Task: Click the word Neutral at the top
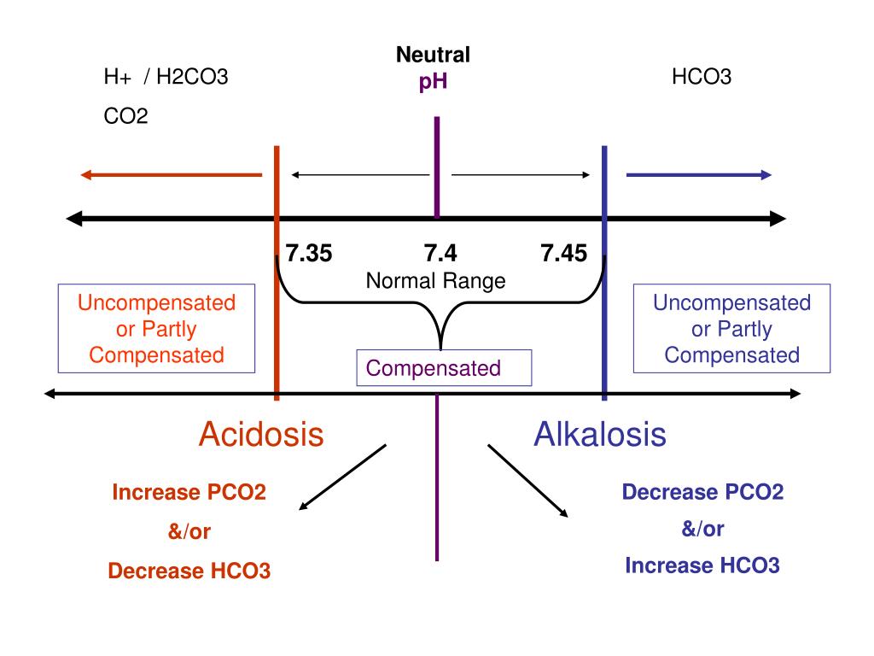pos(433,56)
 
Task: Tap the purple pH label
pos(433,82)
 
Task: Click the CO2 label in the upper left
pos(125,115)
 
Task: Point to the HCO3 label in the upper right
pos(702,78)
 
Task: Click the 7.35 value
pos(309,254)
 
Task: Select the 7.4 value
pos(440,254)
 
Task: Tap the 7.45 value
pos(563,254)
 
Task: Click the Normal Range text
pos(435,280)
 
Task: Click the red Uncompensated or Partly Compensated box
pos(157,329)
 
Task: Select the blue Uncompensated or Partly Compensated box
pos(732,329)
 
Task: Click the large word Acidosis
pos(261,435)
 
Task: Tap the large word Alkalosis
pos(600,435)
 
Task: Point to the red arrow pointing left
pos(171,175)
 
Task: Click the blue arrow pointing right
pos(699,175)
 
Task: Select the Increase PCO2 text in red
pos(189,493)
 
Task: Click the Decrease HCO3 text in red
pos(189,571)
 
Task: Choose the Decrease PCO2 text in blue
pos(702,492)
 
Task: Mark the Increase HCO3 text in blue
pos(702,565)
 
